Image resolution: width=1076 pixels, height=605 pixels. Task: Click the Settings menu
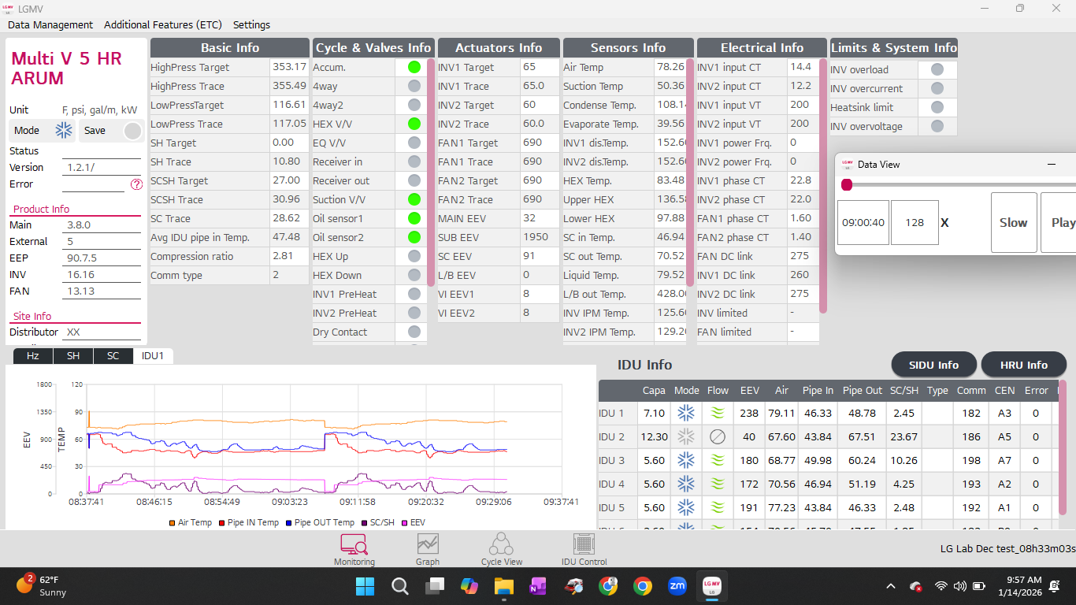click(251, 24)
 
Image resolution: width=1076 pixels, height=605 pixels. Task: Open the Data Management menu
click(50, 24)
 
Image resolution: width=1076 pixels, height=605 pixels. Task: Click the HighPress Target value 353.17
click(288, 68)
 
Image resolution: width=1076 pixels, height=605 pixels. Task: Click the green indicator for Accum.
click(414, 67)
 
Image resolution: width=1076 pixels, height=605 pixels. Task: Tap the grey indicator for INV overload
click(937, 69)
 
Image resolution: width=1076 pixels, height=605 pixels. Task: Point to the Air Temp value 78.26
click(670, 68)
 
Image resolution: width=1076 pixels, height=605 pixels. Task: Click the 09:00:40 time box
click(863, 223)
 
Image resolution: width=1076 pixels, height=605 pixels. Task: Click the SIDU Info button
click(933, 365)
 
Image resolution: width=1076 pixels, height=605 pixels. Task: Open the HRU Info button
click(1023, 365)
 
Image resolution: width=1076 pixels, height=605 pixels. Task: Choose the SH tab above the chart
click(73, 356)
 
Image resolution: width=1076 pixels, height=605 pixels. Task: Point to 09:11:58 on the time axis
click(357, 502)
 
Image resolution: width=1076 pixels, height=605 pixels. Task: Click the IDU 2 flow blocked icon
click(717, 437)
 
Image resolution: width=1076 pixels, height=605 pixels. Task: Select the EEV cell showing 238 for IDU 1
click(749, 413)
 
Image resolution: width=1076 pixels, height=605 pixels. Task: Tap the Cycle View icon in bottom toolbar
click(501, 549)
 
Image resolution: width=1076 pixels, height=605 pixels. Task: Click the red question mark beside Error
click(136, 184)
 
